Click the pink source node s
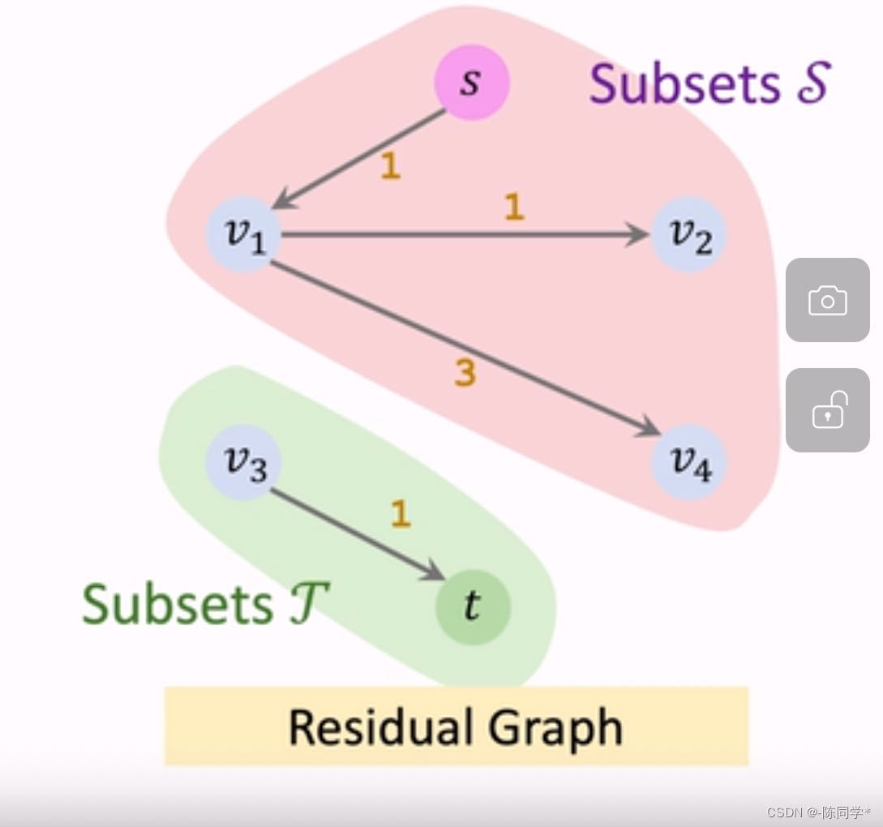pyautogui.click(x=471, y=82)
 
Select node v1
pyautogui.click(x=244, y=235)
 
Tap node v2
pyautogui.click(x=689, y=235)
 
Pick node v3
pyautogui.click(x=244, y=465)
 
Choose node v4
pyautogui.click(x=689, y=465)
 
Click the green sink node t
pyautogui.click(x=473, y=606)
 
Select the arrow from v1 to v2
pyautogui.click(x=462, y=235)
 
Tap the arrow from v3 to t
pyautogui.click(x=357, y=534)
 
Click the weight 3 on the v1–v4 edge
pyautogui.click(x=465, y=374)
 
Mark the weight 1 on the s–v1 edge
pyautogui.click(x=391, y=166)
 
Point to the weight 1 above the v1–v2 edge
pyautogui.click(x=514, y=208)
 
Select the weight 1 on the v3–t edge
pyautogui.click(x=401, y=514)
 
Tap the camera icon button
pyautogui.click(x=827, y=300)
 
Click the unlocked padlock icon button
pyautogui.click(x=827, y=410)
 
